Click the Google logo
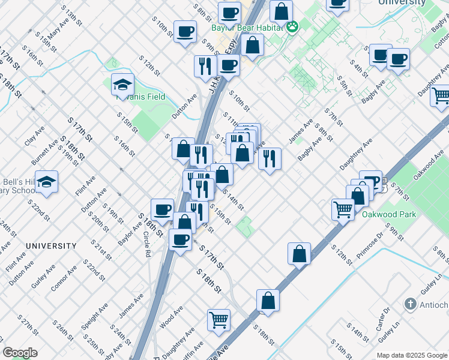(20, 353)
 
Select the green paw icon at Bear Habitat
(292, 26)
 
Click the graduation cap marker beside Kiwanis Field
(122, 85)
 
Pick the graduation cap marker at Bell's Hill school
(46, 182)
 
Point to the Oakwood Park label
(385, 213)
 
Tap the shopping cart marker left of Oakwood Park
(343, 209)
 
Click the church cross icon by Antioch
(411, 304)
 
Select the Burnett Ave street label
(45, 152)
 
